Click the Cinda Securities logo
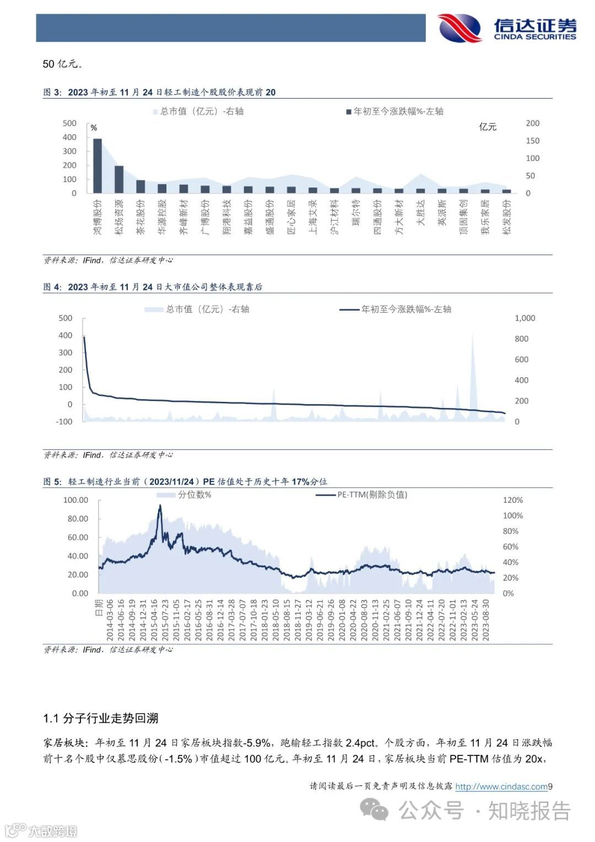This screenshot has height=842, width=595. pos(507,28)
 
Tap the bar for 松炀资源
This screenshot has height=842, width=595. pos(119,179)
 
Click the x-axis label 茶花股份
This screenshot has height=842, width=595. pos(140,217)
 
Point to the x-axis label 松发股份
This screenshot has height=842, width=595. pos(507,217)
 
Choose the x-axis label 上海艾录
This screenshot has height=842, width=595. pos(313,217)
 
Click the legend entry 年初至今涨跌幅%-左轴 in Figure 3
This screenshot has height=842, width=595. pos(394,111)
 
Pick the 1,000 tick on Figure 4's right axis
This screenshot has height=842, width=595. pos(524,318)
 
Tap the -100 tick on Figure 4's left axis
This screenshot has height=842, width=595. pos(64,421)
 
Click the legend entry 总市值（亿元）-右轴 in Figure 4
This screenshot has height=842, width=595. pos(197,309)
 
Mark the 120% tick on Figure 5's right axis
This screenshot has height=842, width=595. pos(512,500)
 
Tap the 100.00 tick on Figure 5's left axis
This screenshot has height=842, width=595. pos(75,500)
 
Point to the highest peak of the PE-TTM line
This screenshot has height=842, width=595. pos(160,506)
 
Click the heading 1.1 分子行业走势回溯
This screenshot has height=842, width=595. pos(101,718)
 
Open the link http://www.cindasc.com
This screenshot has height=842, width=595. pos(501,787)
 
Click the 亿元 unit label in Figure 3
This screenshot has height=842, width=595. pos(488,127)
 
